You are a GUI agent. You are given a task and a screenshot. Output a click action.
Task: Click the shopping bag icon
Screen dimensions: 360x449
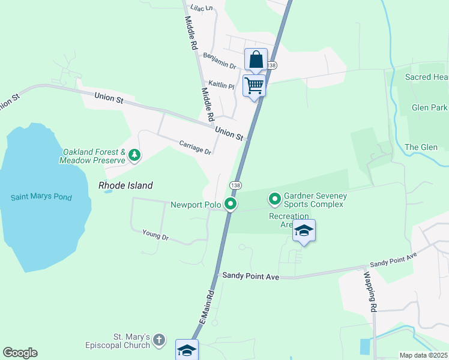[256, 60]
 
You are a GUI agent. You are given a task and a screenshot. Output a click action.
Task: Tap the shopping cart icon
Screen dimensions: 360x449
[254, 85]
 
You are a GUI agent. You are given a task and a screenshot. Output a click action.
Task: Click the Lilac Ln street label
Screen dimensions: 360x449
[202, 8]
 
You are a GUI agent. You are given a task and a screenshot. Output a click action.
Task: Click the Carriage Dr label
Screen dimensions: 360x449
[195, 147]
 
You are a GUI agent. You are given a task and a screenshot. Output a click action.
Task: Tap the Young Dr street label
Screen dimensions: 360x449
[155, 235]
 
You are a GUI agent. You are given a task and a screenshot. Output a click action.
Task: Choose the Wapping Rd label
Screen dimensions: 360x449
[371, 292]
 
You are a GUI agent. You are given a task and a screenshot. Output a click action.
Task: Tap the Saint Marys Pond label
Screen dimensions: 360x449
[41, 197]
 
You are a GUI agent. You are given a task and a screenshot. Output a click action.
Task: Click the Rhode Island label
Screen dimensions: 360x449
[125, 186]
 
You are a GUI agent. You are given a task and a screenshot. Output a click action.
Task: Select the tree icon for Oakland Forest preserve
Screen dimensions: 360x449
[135, 156]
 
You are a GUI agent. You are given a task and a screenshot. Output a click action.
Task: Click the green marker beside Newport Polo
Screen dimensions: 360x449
[231, 205]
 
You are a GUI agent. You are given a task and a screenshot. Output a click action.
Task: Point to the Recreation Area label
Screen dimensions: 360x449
[289, 220]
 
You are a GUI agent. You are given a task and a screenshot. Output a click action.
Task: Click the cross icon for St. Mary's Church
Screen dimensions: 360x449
[159, 340]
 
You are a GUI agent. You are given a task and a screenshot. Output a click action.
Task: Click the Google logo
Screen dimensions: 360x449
[20, 353]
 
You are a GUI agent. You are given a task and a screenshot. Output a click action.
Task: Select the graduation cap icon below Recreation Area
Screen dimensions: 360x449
[304, 230]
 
